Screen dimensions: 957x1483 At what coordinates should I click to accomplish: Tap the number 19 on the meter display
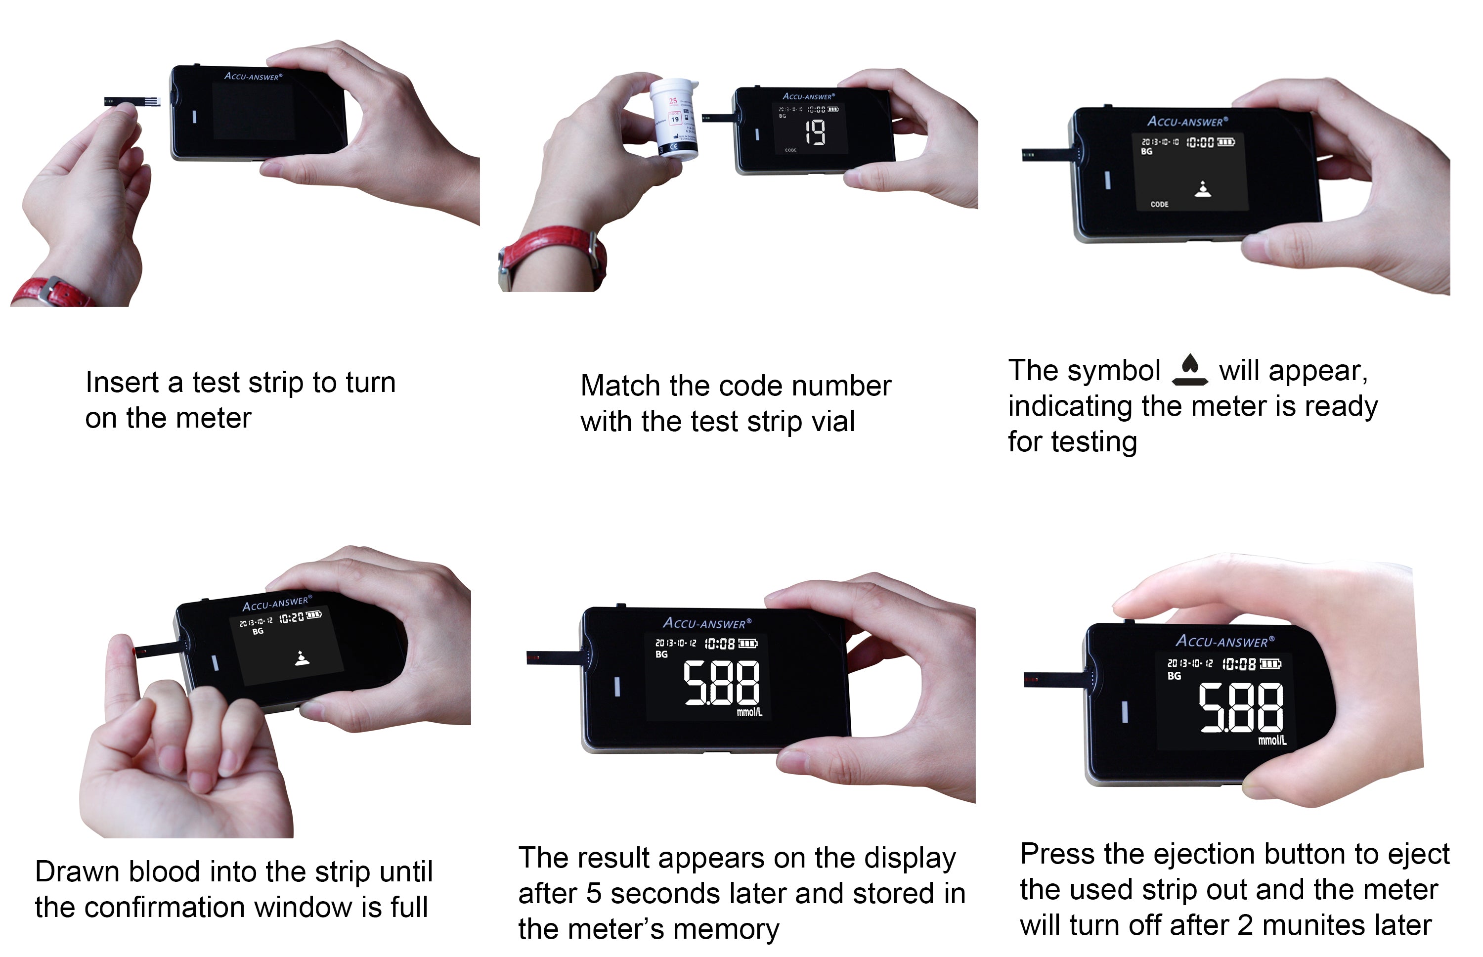(815, 132)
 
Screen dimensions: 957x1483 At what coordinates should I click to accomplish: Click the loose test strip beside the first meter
(131, 101)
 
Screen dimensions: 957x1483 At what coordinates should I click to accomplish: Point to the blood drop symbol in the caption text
(1189, 370)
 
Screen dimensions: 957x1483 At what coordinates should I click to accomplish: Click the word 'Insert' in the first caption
(122, 382)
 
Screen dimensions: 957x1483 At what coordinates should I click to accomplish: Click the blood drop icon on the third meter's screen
(1203, 189)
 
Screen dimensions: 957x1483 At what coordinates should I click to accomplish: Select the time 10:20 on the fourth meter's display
(291, 618)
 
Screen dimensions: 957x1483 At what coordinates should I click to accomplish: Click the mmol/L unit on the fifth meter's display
(749, 712)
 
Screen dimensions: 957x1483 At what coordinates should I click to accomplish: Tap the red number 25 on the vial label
(673, 101)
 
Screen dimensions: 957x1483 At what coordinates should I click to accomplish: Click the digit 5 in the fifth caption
(594, 894)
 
